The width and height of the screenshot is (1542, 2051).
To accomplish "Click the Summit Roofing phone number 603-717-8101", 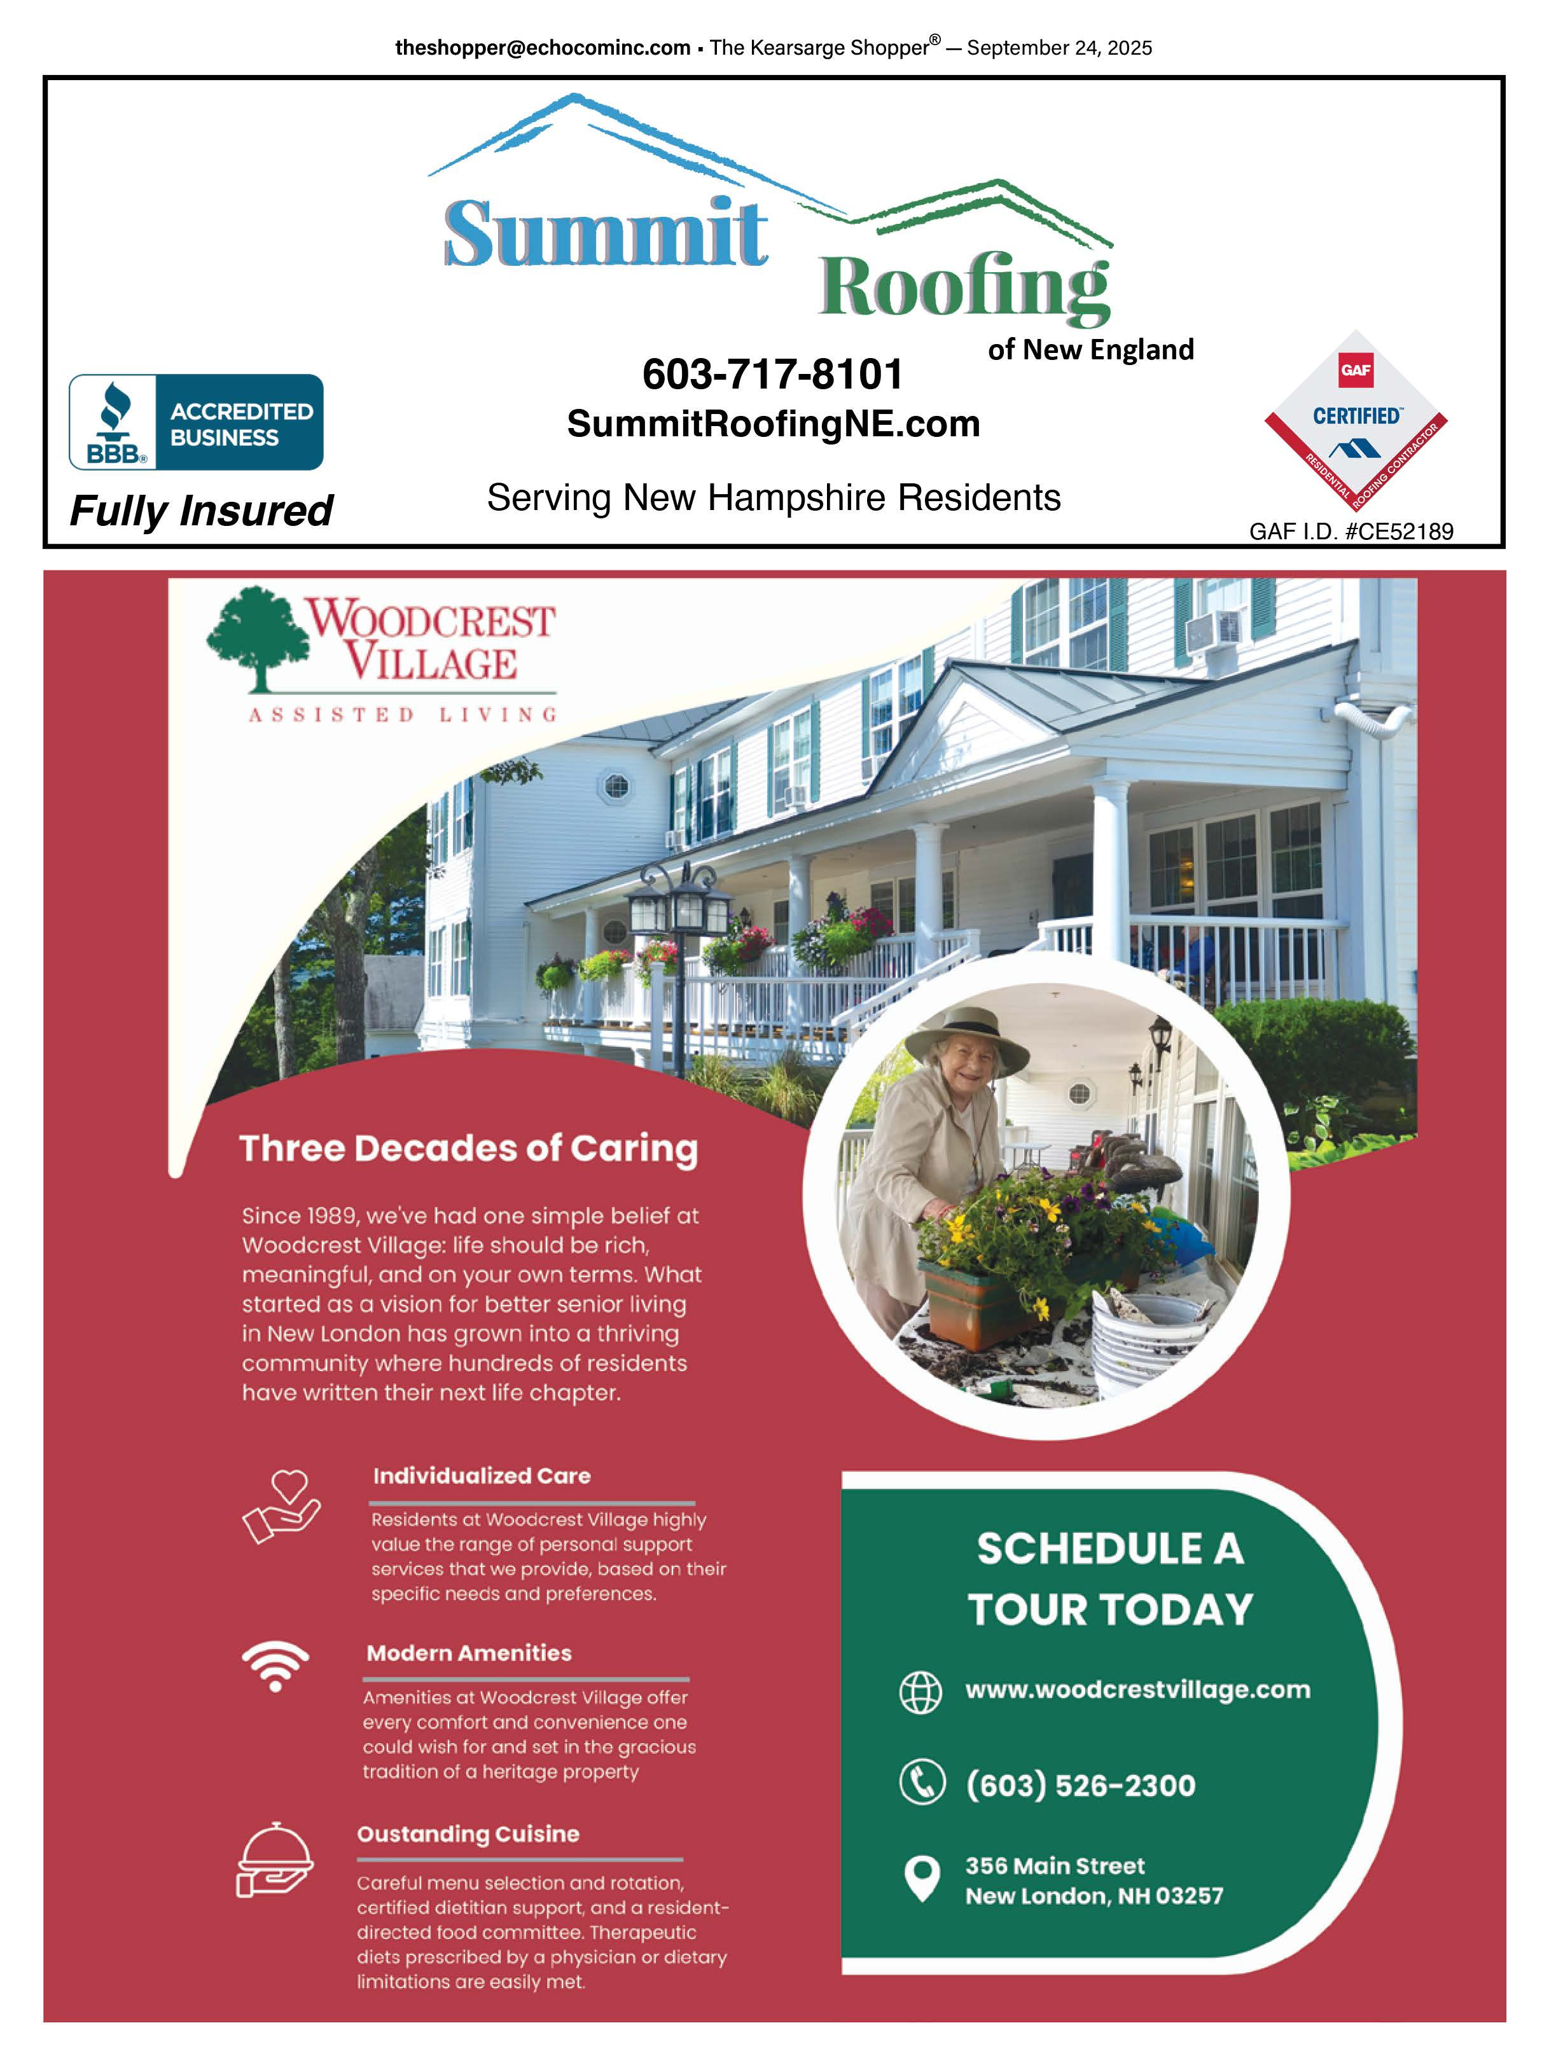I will click(x=772, y=375).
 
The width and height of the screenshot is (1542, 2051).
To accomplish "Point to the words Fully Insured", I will click(x=201, y=510).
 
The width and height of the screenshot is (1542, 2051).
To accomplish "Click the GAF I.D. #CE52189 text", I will click(x=1351, y=531).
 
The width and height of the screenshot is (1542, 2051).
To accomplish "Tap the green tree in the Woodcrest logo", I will click(x=257, y=637).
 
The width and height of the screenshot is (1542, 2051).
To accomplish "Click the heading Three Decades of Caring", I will click(x=468, y=1148).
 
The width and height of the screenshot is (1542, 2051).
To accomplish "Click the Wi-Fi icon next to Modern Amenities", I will click(x=275, y=1664).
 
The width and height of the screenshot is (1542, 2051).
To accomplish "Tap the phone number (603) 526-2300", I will click(x=1080, y=1785).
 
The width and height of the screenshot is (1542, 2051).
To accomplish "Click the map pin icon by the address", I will click(x=922, y=1879).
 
